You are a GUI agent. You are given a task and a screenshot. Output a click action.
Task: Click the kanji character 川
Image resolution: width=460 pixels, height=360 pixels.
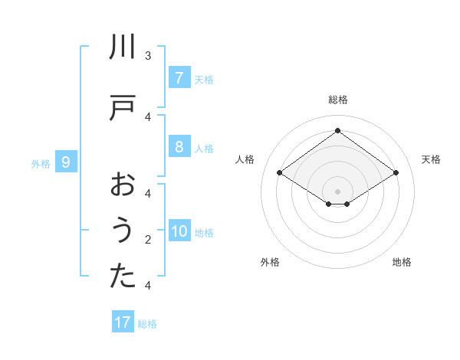[x=123, y=48]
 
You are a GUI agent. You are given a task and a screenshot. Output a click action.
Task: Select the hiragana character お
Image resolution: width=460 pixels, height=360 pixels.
[x=123, y=185]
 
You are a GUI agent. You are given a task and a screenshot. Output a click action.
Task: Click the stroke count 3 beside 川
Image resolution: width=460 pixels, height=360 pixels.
[x=148, y=55]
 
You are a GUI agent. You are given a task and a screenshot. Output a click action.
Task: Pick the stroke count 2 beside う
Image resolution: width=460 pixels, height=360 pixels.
[x=148, y=240]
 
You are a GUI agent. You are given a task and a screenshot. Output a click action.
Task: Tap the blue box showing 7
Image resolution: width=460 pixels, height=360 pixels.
[x=179, y=77]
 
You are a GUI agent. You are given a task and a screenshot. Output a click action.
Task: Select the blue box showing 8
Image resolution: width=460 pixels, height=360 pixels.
[x=179, y=147]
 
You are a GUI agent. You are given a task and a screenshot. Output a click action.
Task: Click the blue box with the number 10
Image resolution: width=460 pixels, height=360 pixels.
[x=179, y=232]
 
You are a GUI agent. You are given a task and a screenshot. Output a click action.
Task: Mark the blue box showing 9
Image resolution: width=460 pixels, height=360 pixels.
[x=66, y=162]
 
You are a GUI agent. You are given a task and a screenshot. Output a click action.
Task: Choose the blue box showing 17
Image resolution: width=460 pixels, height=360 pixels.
[x=123, y=322]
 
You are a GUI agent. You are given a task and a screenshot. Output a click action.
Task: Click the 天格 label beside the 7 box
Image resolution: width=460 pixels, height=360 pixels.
[x=204, y=79]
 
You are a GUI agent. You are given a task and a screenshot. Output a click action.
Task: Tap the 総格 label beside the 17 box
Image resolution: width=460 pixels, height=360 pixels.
[x=147, y=324]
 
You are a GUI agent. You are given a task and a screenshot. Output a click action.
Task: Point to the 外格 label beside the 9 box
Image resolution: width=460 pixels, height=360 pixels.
[x=41, y=163]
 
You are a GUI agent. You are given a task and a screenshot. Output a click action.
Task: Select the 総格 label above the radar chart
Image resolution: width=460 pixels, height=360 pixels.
[x=337, y=100]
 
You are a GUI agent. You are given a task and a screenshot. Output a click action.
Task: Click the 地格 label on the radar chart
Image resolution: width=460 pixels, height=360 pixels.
[x=402, y=263]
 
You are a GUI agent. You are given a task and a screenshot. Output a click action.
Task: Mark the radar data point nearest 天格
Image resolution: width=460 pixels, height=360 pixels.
[x=396, y=173]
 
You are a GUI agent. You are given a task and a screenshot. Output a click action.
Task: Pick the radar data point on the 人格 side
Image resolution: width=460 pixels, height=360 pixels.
[x=279, y=173]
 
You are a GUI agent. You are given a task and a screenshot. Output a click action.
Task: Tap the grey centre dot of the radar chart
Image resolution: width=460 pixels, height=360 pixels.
[x=337, y=191]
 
